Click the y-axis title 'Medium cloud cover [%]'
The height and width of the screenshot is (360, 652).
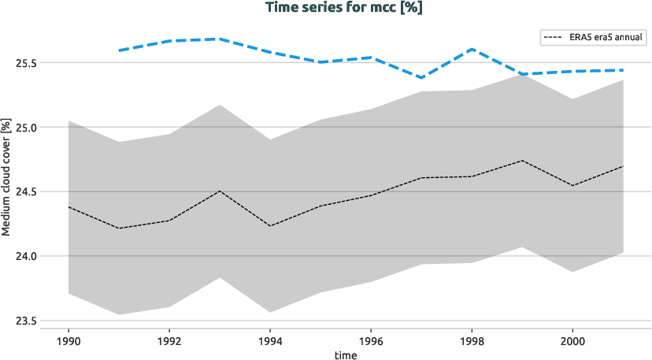coord(6,178)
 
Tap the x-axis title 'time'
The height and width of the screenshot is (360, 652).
coord(346,355)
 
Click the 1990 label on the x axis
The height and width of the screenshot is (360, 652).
coord(69,342)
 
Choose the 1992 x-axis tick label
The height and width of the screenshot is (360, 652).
coord(169,342)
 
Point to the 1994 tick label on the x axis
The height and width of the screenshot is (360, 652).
coord(270,342)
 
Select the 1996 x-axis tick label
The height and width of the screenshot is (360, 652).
coord(371,342)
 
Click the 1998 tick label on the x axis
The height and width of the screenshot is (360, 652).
coord(472,342)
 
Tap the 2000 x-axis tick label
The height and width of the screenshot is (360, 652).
coord(572,342)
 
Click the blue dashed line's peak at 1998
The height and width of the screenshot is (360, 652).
coord(472,49)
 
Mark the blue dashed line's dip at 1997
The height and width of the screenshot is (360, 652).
coord(421,78)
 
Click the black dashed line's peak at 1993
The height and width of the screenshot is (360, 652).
coord(220,191)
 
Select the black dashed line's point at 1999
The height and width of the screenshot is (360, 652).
coord(522,161)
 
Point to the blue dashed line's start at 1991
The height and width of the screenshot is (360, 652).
coord(119,50)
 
